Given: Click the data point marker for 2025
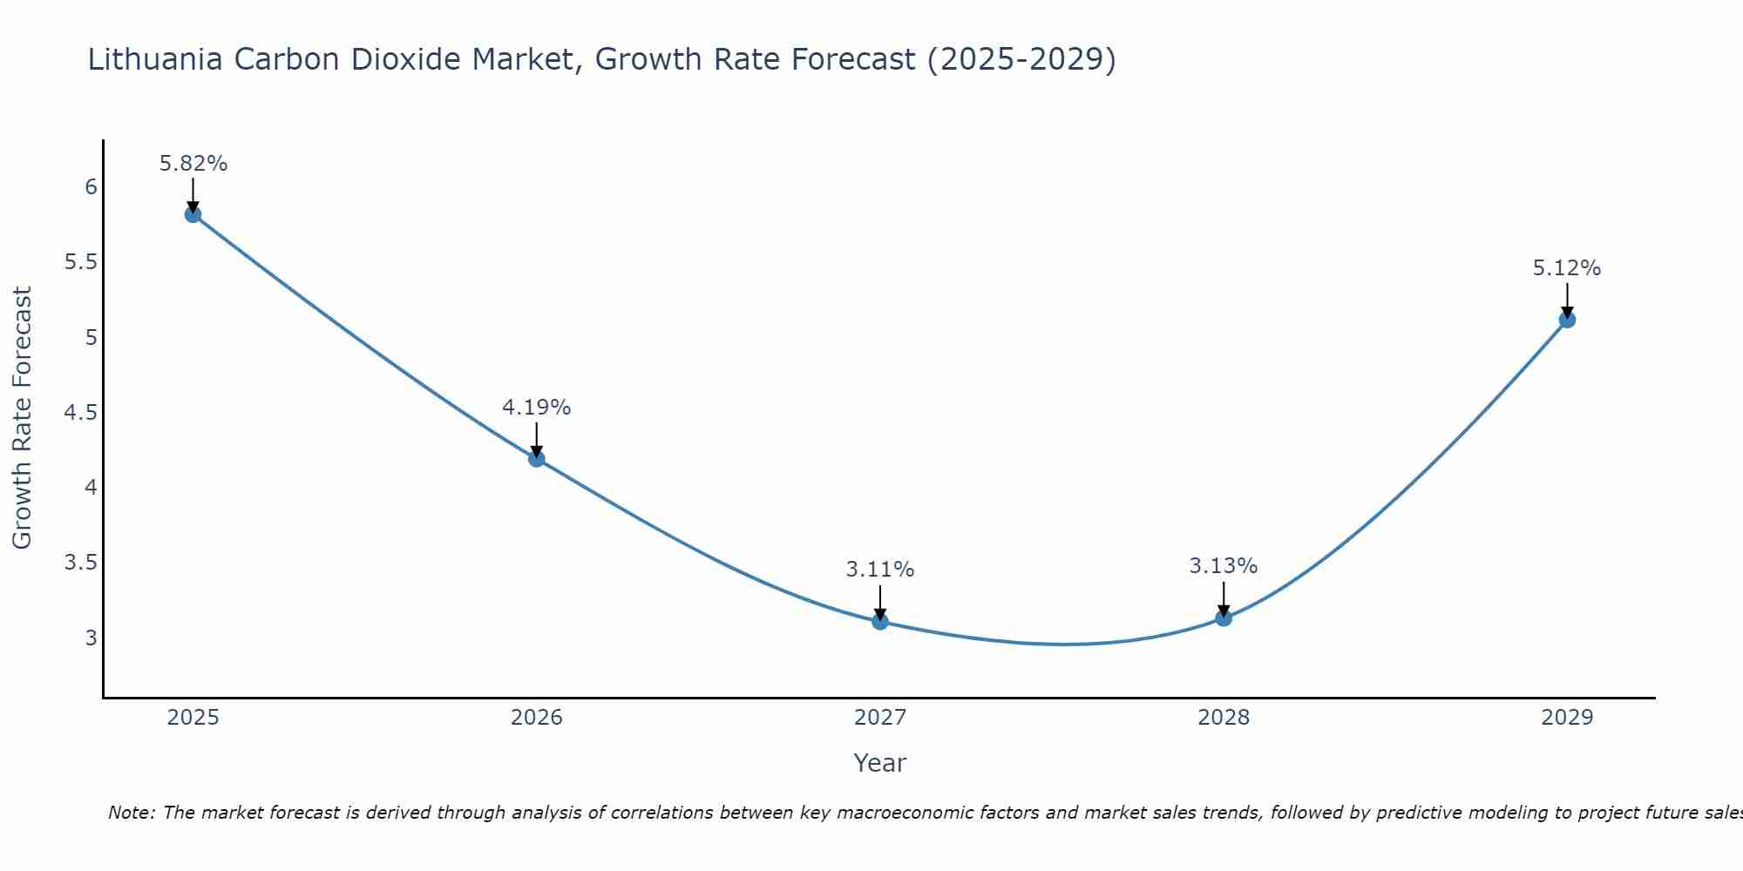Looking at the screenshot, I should [x=193, y=214].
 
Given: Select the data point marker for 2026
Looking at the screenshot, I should [x=537, y=458].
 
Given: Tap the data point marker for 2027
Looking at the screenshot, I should [x=880, y=621].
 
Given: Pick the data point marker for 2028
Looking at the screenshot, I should [x=1224, y=618].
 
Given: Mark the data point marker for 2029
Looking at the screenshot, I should [x=1567, y=319].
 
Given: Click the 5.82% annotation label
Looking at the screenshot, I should [x=193, y=164].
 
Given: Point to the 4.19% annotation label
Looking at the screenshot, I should [x=537, y=408].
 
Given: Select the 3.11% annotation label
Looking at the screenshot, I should [x=880, y=570].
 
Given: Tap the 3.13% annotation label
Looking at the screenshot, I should [x=1224, y=566].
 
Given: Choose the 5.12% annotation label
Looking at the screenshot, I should [x=1567, y=268].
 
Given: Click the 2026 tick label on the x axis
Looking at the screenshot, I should [x=537, y=718].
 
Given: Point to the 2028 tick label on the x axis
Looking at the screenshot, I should [x=1224, y=718].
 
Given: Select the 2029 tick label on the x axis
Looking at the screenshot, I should [x=1567, y=718].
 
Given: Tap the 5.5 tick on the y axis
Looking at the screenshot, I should [x=81, y=262].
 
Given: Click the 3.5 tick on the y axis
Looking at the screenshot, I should [x=81, y=563].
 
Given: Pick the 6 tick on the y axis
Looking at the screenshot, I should [x=91, y=187].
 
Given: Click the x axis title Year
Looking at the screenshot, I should [x=880, y=763].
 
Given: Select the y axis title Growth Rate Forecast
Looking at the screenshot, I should [x=22, y=418].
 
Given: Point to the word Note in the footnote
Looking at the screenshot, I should [x=131, y=813].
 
